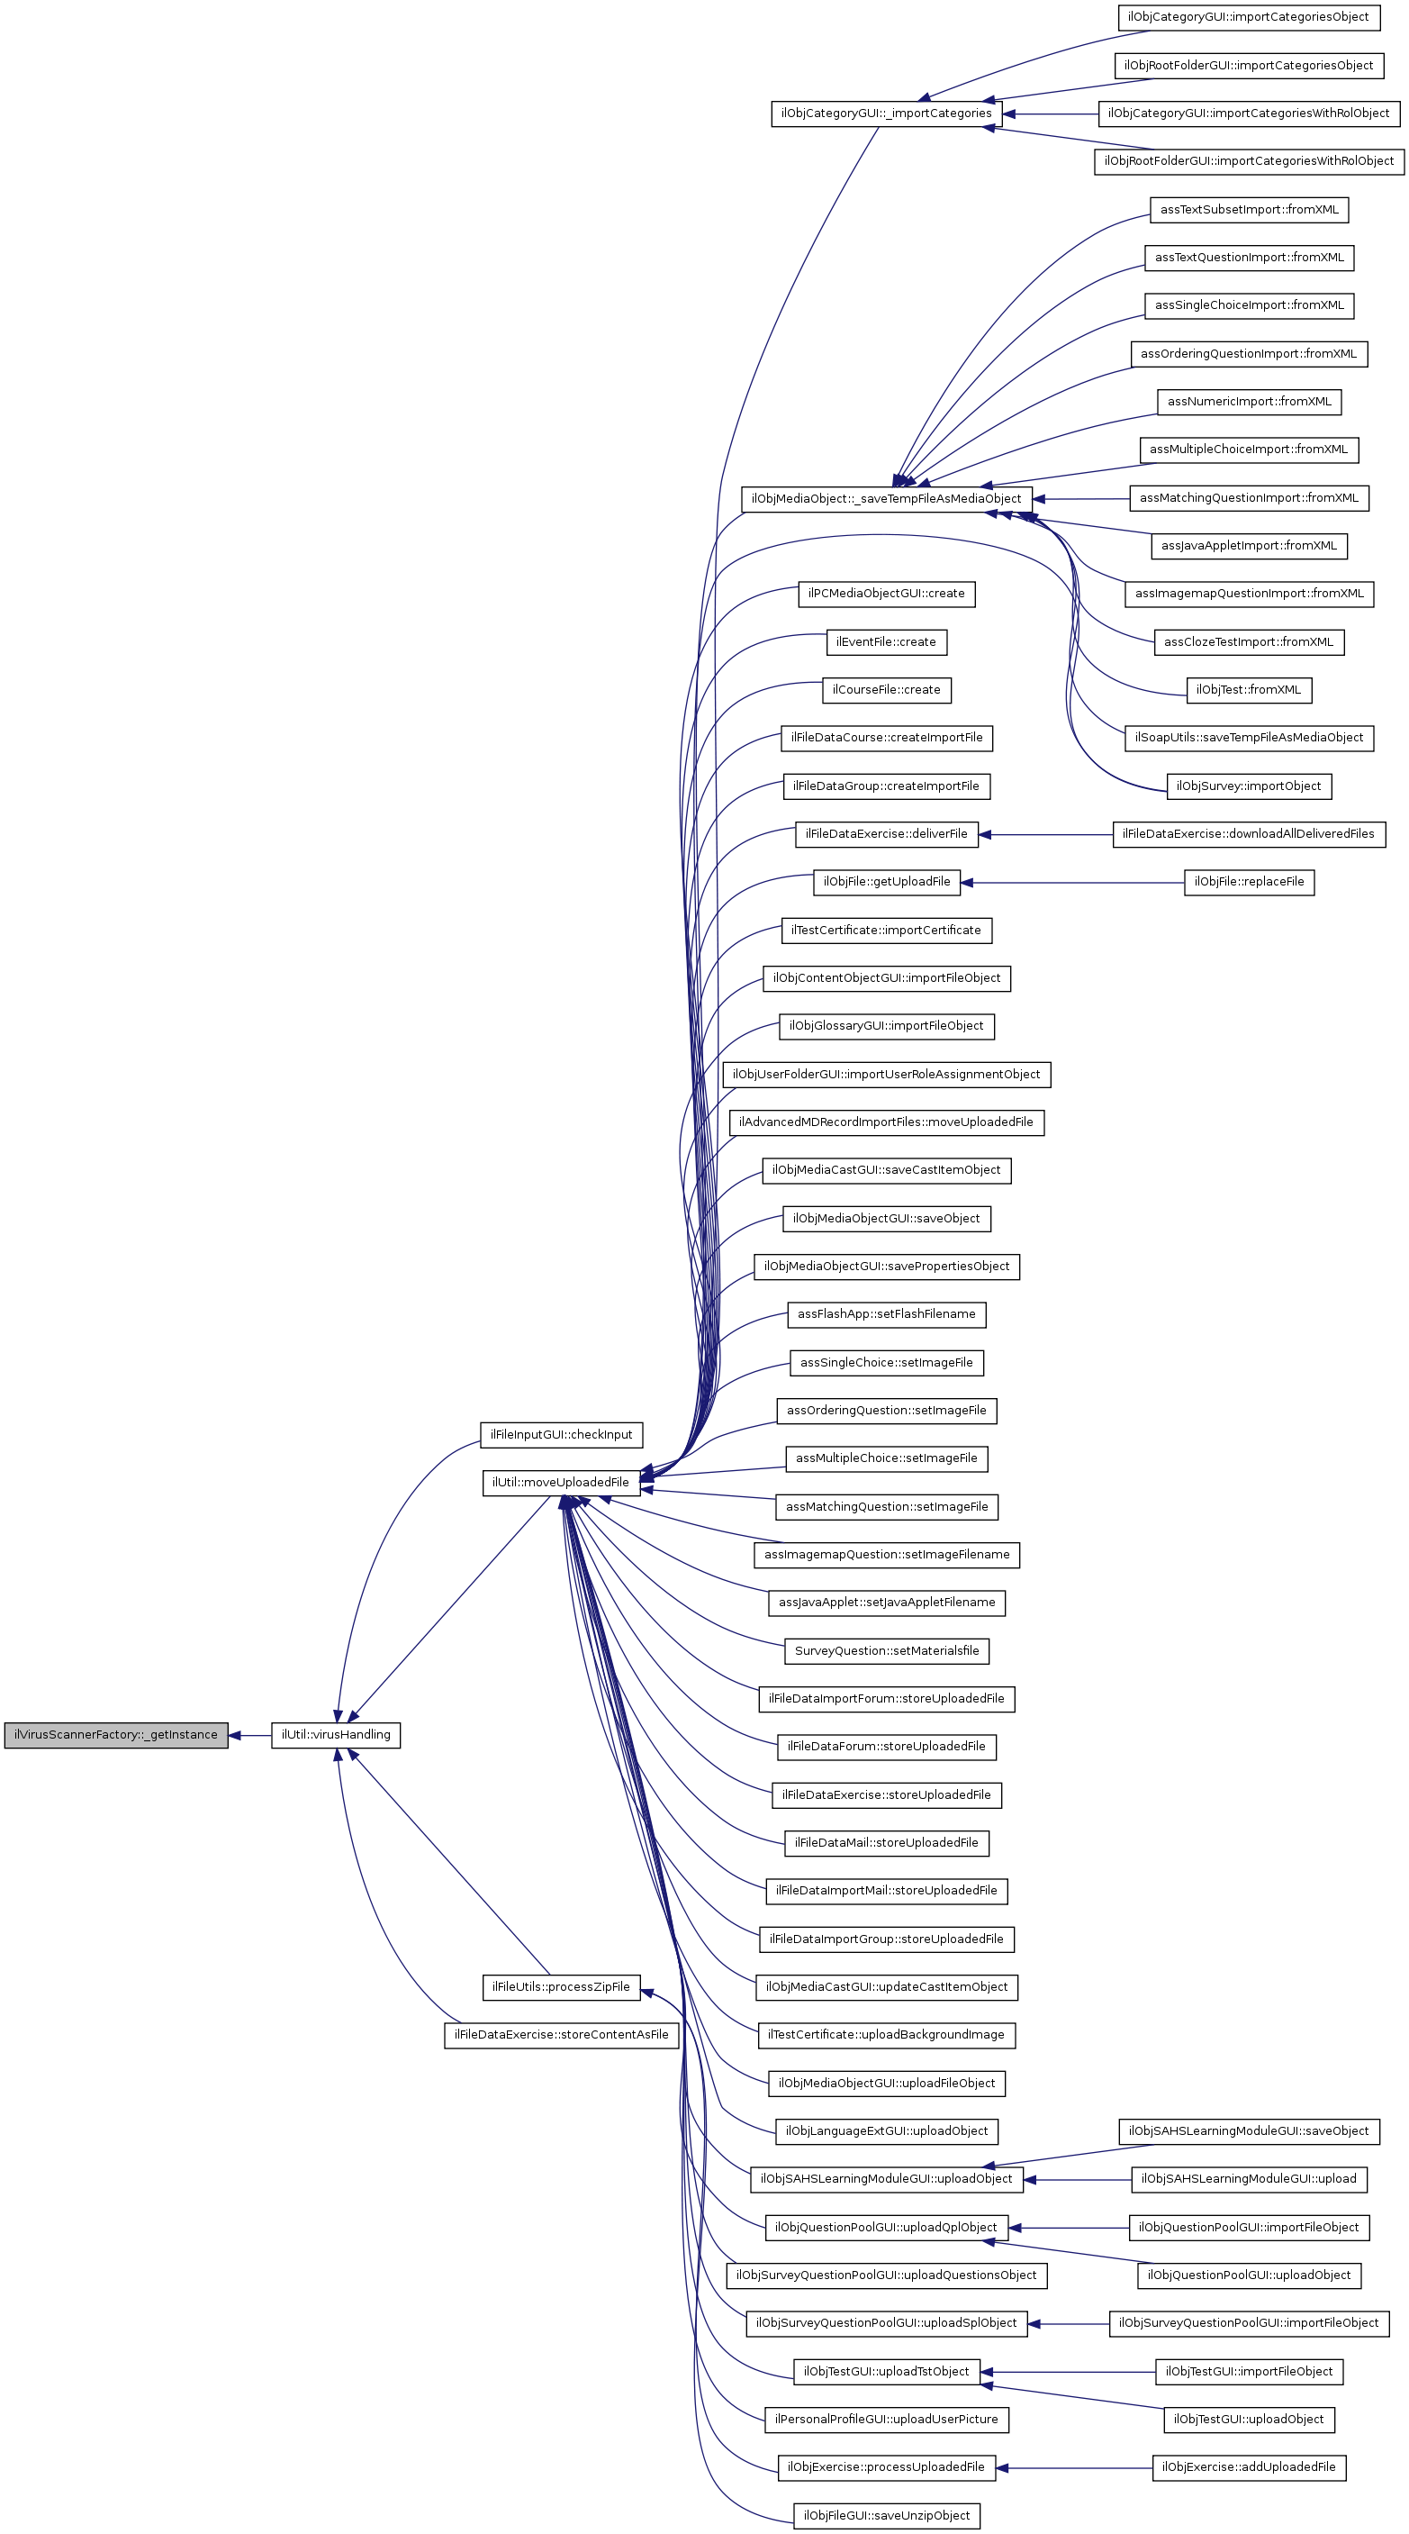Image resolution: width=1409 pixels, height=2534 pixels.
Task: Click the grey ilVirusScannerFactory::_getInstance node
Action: (116, 1735)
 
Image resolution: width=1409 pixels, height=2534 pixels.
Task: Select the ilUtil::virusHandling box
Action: (335, 1735)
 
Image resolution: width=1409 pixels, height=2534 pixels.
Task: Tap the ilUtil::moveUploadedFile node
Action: (561, 1483)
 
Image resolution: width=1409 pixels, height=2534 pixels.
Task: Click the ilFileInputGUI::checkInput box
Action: (561, 1434)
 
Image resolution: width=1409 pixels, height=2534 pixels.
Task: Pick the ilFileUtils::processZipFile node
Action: (561, 1987)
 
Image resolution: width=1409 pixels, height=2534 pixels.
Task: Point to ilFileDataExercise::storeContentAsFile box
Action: (561, 2035)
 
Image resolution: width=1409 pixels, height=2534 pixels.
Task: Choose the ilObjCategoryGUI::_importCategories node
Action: (886, 114)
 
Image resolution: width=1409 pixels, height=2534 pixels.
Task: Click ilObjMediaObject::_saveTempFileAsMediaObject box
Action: (886, 499)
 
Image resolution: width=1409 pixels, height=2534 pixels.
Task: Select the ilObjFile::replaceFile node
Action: (1249, 883)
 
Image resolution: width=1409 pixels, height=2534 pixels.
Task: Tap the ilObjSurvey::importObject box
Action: (1249, 786)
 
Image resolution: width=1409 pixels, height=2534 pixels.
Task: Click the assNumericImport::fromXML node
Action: (1249, 402)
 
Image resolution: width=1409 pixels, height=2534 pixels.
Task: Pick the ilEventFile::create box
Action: (886, 642)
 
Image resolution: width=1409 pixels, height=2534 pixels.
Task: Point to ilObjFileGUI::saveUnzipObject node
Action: (886, 2516)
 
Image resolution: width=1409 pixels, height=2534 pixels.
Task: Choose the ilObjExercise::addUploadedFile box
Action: (1249, 2468)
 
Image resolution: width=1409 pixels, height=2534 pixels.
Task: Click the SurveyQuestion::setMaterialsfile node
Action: (886, 1650)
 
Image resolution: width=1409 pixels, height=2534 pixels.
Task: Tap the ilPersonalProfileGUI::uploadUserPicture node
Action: (886, 2420)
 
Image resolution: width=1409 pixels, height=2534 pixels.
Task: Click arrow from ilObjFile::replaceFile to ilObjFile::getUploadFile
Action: (1071, 883)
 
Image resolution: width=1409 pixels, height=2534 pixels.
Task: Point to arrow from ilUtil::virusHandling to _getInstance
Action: (249, 1735)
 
